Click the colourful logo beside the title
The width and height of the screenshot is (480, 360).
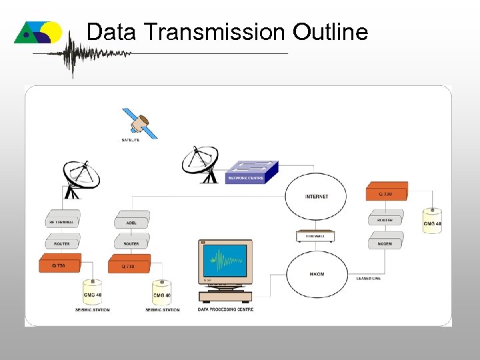coord(38,32)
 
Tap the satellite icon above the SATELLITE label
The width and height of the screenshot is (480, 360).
coord(141,123)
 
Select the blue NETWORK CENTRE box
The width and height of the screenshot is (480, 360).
coord(249,172)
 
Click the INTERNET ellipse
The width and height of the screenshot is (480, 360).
coord(317,196)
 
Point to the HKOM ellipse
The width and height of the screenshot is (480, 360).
coord(317,275)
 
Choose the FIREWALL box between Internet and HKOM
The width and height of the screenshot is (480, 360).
coord(315,236)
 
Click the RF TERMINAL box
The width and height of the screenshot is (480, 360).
coord(62,221)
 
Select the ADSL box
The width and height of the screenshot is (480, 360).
coord(131,221)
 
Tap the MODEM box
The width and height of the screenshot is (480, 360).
coord(385,243)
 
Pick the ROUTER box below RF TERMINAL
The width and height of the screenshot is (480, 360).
coord(62,243)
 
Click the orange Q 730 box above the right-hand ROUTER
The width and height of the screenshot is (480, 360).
coord(387,192)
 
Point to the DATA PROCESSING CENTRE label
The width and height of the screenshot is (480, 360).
coord(225,309)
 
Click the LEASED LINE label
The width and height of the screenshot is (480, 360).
coord(368,278)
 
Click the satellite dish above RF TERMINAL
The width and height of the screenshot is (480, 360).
coord(81,177)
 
